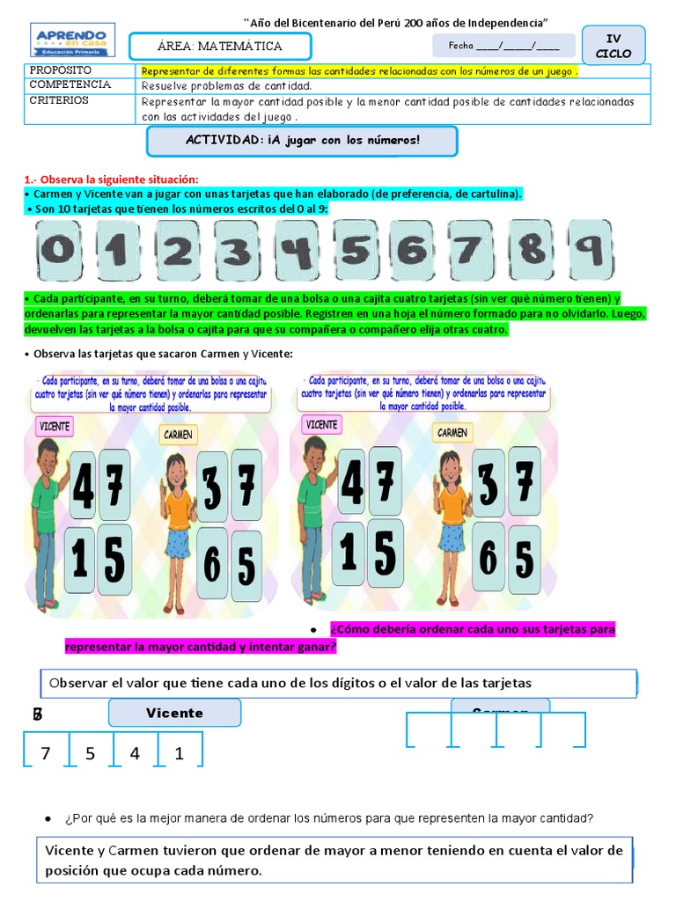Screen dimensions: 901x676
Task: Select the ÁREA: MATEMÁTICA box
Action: pos(220,47)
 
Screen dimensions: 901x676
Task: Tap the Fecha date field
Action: pos(503,46)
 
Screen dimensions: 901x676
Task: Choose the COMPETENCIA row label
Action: pos(70,85)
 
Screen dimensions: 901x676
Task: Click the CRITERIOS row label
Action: pos(59,100)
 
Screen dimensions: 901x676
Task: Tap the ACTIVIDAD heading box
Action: pos(302,141)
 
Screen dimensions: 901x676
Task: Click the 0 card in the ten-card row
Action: pos(59,251)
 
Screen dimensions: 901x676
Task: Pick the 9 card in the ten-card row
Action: pos(590,250)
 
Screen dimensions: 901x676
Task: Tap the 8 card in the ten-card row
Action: pos(532,250)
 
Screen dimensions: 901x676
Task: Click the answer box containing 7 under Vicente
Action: pos(47,753)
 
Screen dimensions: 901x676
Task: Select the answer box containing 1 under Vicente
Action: pos(180,753)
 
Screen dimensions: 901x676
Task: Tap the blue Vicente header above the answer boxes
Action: pos(174,713)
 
